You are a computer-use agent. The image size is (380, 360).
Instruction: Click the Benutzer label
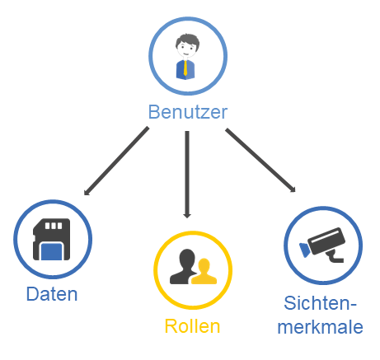coord(188,112)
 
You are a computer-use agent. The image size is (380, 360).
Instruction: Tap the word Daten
coord(52,294)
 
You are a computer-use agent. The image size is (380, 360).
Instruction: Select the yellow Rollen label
coord(192,326)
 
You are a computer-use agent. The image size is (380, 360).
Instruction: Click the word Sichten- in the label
coord(320,303)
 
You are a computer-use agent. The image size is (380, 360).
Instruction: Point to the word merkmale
coord(321,326)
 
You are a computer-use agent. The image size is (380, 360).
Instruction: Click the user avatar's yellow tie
coord(185,68)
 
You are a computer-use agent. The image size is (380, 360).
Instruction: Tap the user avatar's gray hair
coord(188,40)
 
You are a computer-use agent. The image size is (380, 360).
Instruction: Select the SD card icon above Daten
coord(51,239)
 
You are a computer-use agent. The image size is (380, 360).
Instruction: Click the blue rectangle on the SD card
coord(51,251)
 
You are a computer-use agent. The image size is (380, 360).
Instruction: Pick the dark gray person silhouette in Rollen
coord(183,266)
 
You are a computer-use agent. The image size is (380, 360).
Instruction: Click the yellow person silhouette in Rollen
coord(204,272)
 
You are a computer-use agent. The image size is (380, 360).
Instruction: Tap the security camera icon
coord(322,245)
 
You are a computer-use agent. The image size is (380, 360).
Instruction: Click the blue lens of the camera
coord(305,250)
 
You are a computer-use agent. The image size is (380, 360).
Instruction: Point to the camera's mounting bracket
coord(334,256)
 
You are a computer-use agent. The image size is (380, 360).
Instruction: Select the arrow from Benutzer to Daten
coord(116,161)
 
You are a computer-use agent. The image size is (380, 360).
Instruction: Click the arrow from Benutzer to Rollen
coord(187,175)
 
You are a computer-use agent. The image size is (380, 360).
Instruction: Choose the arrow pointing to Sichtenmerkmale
coord(260,160)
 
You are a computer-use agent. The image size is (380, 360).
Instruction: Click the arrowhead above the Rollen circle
coord(187,216)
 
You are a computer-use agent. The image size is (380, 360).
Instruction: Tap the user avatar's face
coord(186,50)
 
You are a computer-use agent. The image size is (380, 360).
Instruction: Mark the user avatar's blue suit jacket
coord(185,70)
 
